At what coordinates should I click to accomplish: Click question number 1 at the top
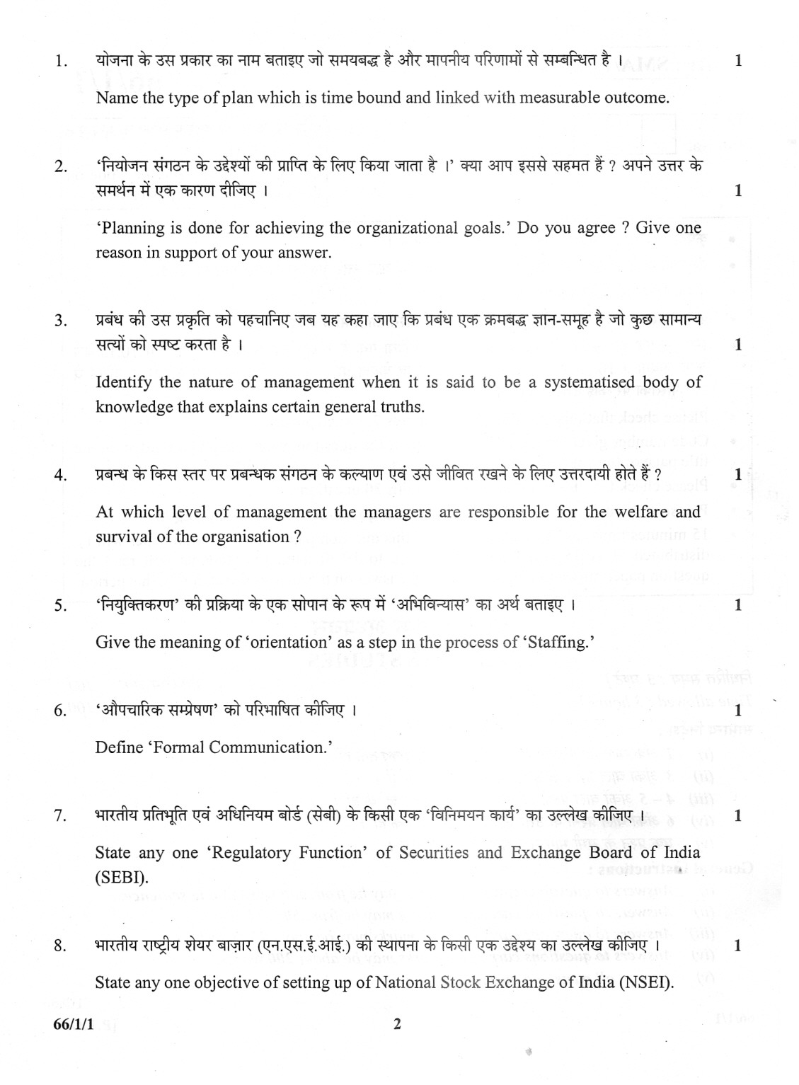click(60, 62)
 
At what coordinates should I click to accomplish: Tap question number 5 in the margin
click(60, 606)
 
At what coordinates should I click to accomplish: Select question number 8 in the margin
click(60, 946)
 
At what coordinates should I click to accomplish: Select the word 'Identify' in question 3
click(123, 383)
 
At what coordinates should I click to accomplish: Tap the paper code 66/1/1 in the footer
click(67, 1024)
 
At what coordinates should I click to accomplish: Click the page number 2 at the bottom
click(396, 1024)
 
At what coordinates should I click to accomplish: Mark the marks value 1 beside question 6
click(738, 710)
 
